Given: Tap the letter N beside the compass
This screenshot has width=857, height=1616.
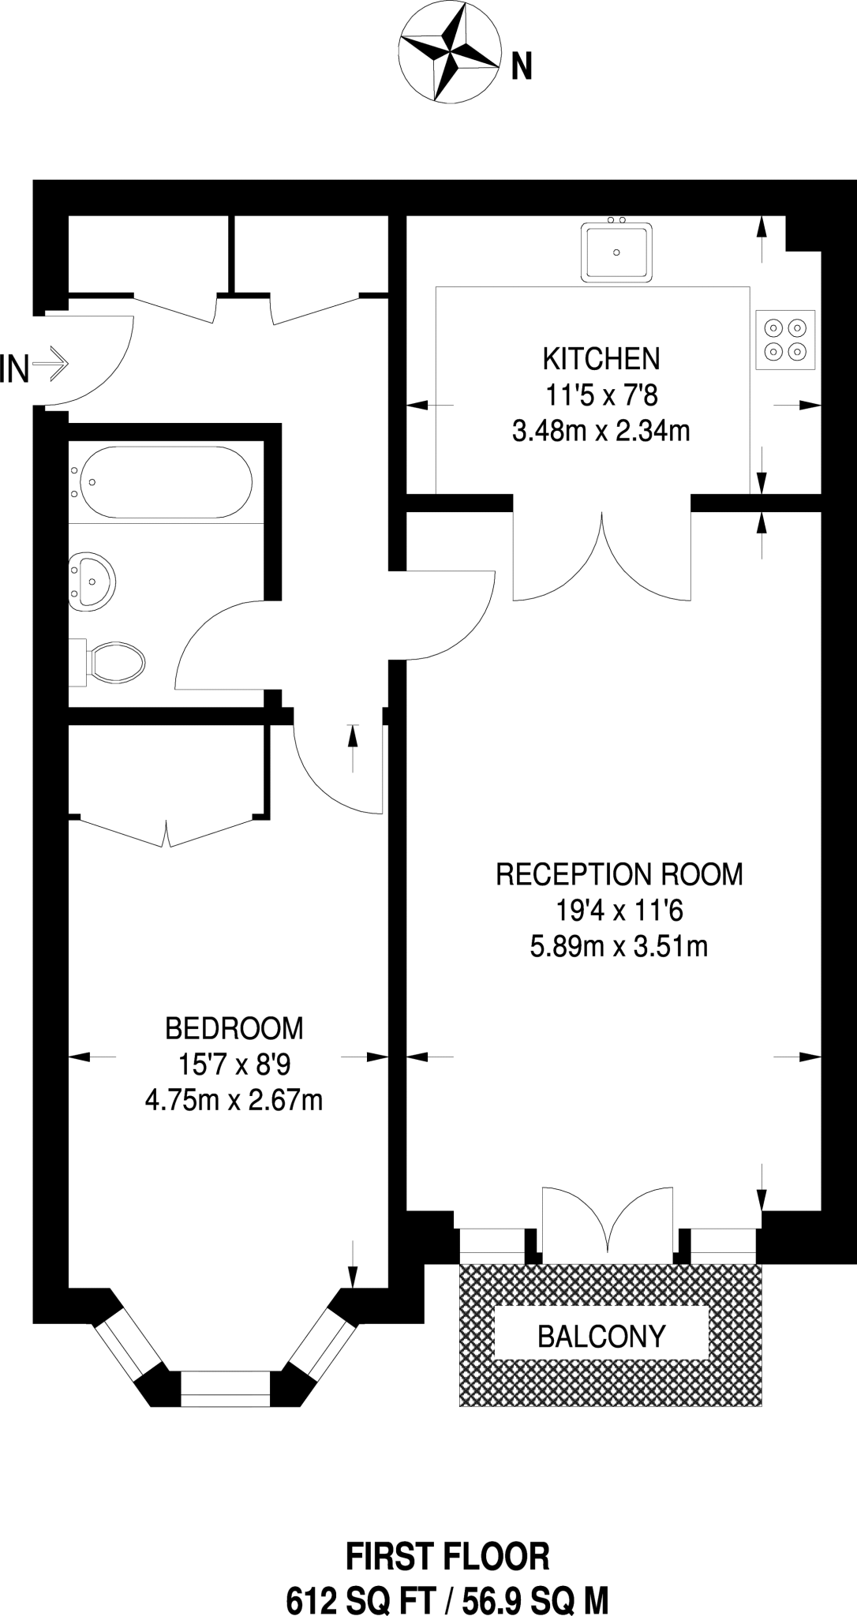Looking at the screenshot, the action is (x=522, y=67).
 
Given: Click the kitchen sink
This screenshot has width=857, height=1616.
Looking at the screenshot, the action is (x=616, y=251).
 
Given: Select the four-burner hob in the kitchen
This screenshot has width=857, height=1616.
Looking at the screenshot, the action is (x=786, y=340).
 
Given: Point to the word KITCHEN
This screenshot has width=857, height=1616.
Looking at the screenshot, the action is (x=601, y=360).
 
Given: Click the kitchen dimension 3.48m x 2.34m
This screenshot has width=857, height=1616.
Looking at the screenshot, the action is (x=601, y=432).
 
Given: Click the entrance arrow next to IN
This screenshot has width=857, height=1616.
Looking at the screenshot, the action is (x=53, y=365).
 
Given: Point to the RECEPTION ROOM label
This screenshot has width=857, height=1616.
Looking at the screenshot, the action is (x=619, y=874).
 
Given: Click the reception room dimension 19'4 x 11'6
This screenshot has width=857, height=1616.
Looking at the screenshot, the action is (x=619, y=911).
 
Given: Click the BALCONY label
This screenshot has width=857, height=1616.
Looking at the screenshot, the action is (x=602, y=1336).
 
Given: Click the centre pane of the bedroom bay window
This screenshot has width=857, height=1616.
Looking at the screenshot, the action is (x=226, y=1389).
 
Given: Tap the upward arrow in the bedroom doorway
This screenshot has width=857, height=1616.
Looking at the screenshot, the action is (x=353, y=747).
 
